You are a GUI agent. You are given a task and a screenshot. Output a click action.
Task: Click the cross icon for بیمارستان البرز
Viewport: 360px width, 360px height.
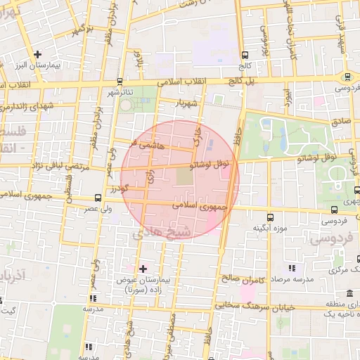point(37,54)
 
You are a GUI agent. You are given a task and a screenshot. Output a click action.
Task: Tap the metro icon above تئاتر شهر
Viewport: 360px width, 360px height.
point(120,82)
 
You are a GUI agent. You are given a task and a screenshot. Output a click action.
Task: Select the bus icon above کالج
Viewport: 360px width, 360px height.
point(244,55)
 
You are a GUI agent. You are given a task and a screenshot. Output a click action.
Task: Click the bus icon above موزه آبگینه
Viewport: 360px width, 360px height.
point(272,217)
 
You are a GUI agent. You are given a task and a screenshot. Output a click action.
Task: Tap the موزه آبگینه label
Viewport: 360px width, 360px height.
point(269,229)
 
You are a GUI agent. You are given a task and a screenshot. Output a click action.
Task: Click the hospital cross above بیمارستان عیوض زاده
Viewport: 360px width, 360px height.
point(143,269)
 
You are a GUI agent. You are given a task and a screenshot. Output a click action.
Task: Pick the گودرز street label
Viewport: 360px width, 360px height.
point(119,188)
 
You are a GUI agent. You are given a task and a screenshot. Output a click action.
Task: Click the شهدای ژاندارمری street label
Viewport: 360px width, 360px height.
point(25,107)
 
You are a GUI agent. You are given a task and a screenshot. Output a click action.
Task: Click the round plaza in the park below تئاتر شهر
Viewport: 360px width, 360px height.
point(126,105)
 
